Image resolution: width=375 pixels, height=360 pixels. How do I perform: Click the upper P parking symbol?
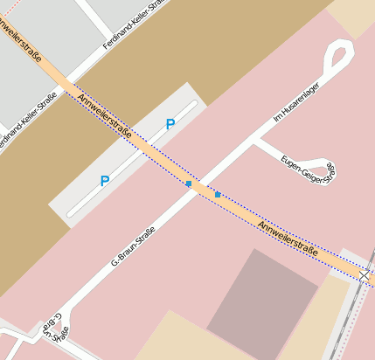(170, 124)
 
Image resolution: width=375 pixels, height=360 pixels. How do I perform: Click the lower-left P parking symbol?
(105, 181)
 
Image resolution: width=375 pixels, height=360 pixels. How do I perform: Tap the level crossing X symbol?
(365, 276)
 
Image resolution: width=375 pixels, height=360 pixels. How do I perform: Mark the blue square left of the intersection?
(188, 184)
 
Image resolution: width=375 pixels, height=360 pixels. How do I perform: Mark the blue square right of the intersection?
(217, 194)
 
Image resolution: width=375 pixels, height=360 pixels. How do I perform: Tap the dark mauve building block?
(262, 293)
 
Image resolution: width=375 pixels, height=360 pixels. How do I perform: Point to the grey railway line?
(346, 315)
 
